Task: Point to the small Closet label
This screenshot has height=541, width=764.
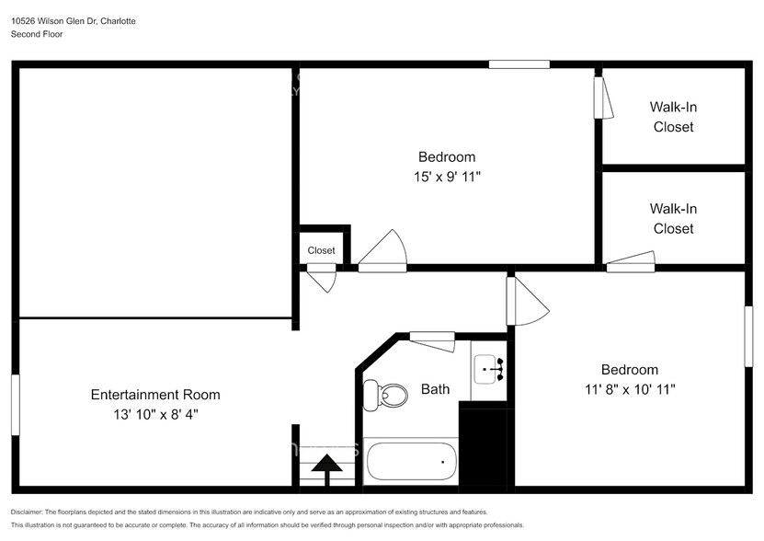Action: (x=321, y=250)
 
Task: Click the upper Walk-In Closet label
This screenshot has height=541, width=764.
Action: (x=673, y=117)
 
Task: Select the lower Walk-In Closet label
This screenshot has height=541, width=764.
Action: (x=673, y=219)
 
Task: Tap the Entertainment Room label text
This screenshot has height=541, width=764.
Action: (x=155, y=395)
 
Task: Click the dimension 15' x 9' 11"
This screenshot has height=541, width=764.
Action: (x=448, y=177)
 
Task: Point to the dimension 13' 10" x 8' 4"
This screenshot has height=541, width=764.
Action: (x=155, y=415)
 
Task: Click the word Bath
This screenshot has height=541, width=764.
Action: (x=436, y=389)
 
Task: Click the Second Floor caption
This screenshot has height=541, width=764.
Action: (x=39, y=34)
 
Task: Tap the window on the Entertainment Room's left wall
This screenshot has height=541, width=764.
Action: (x=16, y=398)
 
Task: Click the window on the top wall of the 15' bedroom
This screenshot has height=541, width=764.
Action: (x=519, y=64)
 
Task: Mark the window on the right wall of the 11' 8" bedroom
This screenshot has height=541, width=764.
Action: (x=748, y=337)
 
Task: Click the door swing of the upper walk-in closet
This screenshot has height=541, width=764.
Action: (x=603, y=98)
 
